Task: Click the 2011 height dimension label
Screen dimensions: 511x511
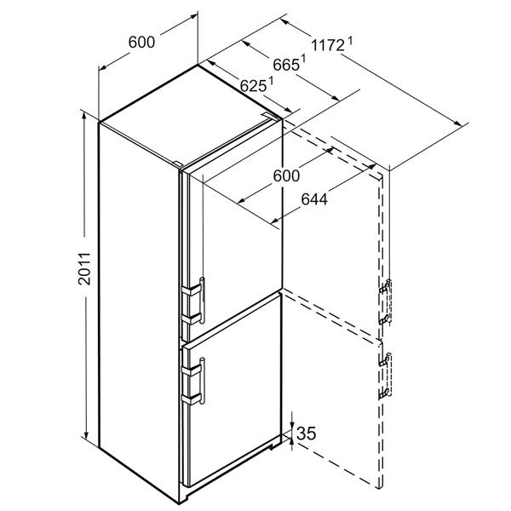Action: click(84, 268)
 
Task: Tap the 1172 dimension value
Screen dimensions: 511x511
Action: click(328, 45)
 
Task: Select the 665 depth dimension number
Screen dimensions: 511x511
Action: click(286, 66)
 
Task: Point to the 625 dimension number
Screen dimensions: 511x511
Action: click(253, 86)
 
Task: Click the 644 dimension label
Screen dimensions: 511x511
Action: click(314, 199)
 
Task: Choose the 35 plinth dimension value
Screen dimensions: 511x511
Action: click(307, 433)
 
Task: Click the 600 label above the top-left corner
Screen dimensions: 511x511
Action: click(141, 42)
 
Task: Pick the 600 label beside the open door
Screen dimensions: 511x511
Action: click(286, 176)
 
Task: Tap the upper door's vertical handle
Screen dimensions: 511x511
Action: click(202, 300)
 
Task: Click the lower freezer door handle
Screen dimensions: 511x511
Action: click(202, 381)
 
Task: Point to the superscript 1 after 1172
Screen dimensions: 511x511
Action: click(350, 42)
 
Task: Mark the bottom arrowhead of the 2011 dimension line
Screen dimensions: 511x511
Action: click(86, 435)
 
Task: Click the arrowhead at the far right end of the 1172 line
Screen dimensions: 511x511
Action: click(458, 123)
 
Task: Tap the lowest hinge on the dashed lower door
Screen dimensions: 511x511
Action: click(385, 393)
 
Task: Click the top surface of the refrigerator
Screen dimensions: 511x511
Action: click(189, 114)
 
